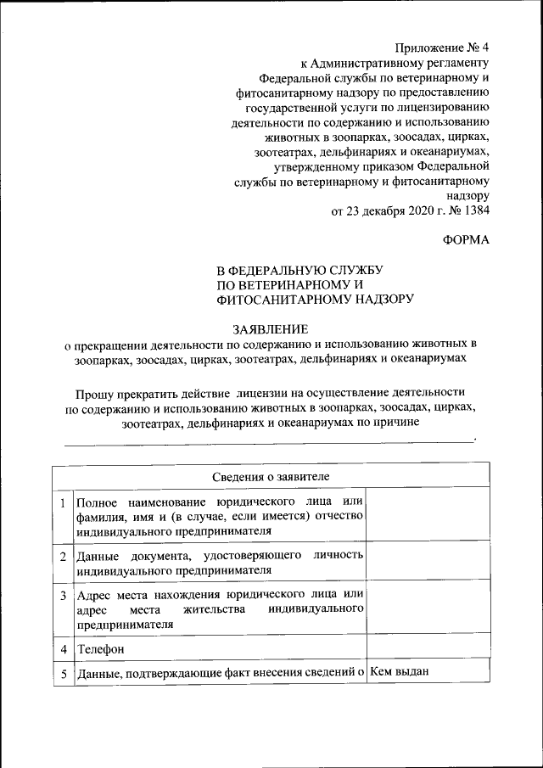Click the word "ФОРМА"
pos(466,240)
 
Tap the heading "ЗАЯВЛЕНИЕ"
pos(271,329)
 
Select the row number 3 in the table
pos(62,595)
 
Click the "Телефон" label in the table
pos(101,648)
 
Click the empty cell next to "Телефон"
pos(428,647)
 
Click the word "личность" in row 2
pos(339,556)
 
